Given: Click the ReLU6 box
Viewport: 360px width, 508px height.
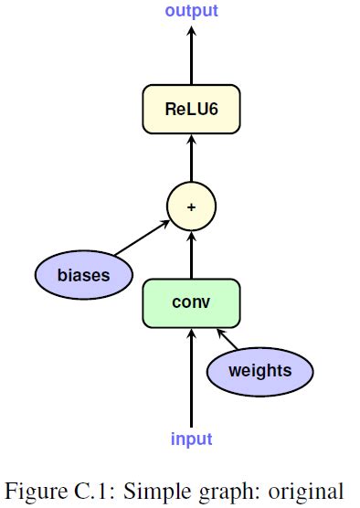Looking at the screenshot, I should [x=191, y=110].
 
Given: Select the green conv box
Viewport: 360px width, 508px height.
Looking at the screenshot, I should [x=191, y=302].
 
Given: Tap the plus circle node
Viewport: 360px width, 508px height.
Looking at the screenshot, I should [x=191, y=206].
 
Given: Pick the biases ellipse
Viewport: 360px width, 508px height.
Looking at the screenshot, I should [x=83, y=273].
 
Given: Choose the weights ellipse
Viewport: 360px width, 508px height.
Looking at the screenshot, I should [x=259, y=370].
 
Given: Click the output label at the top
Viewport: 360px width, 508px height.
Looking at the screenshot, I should [x=191, y=11].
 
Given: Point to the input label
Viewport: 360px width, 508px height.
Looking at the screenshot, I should [x=191, y=439].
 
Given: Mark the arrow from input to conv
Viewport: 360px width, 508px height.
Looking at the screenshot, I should [x=191, y=384].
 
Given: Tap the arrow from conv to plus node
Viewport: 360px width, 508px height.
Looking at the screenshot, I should [x=191, y=256].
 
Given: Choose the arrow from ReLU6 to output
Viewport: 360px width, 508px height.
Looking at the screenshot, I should [x=191, y=59].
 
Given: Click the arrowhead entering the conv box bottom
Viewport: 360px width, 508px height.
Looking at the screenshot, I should [x=191, y=334].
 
